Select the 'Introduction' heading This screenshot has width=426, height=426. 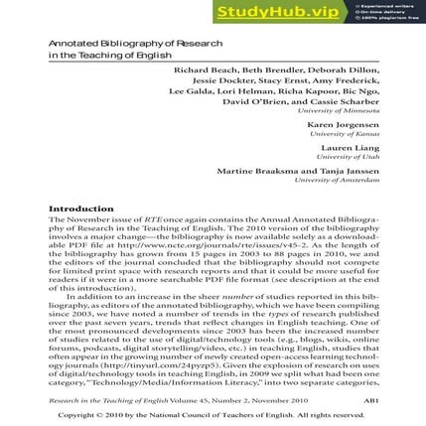(x=81, y=209)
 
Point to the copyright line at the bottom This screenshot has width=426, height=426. (x=213, y=414)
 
